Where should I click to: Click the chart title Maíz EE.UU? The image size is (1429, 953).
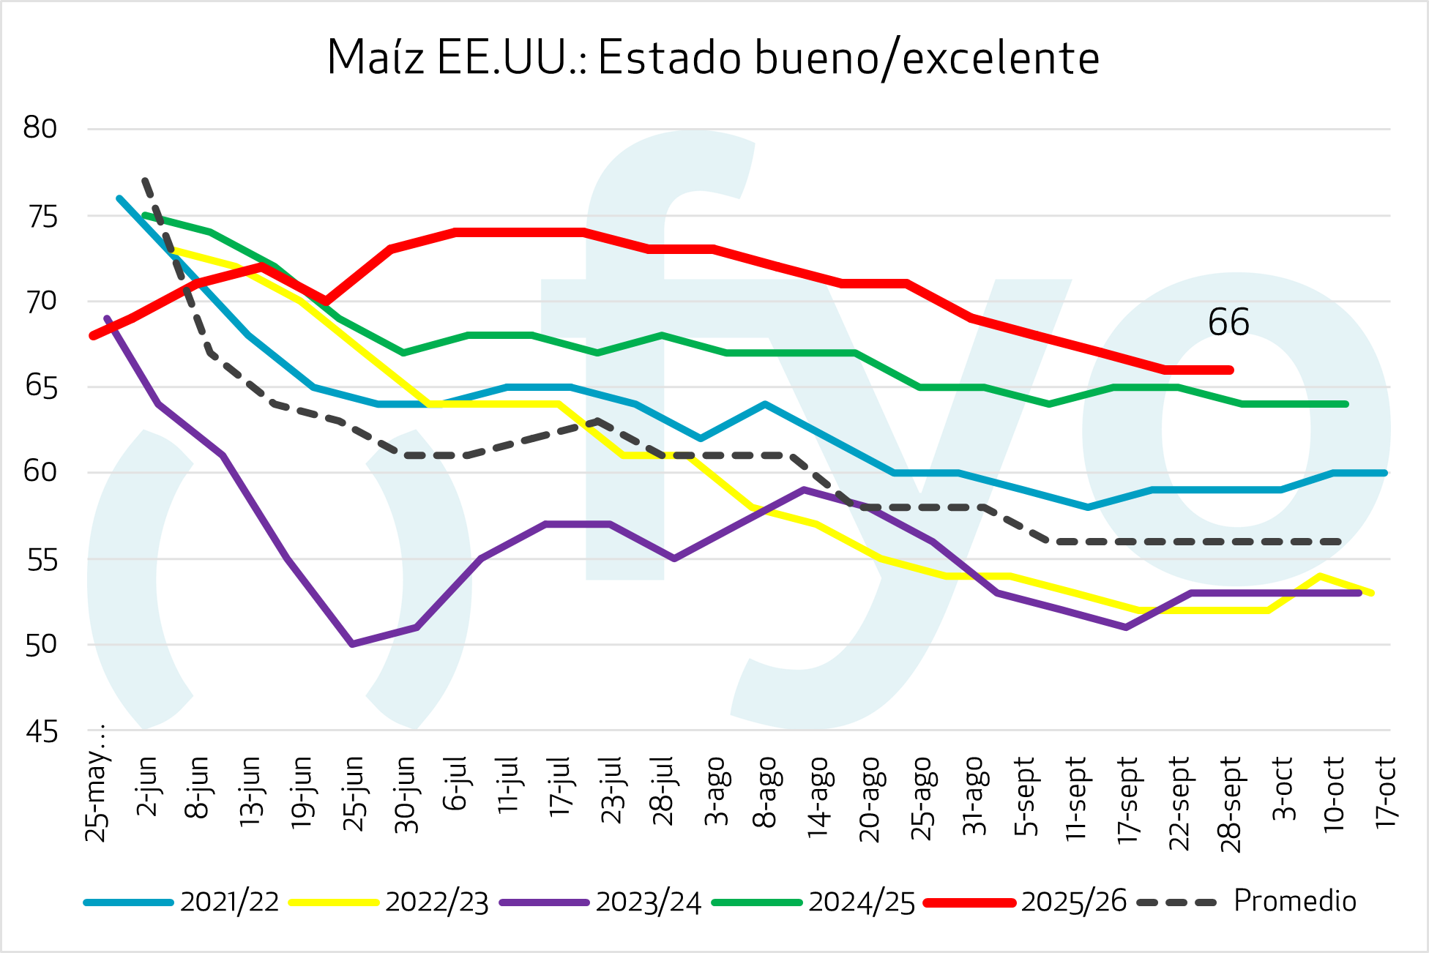pos(713,58)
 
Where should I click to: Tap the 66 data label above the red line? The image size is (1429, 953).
pos(1228,322)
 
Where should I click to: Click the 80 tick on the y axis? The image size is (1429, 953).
pos(40,128)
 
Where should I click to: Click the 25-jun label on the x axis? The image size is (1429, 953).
pos(354,794)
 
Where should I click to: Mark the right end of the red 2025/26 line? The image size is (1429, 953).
pos(1231,370)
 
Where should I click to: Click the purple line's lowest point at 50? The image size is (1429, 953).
pos(352,644)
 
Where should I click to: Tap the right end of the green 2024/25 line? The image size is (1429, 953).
pos(1346,404)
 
